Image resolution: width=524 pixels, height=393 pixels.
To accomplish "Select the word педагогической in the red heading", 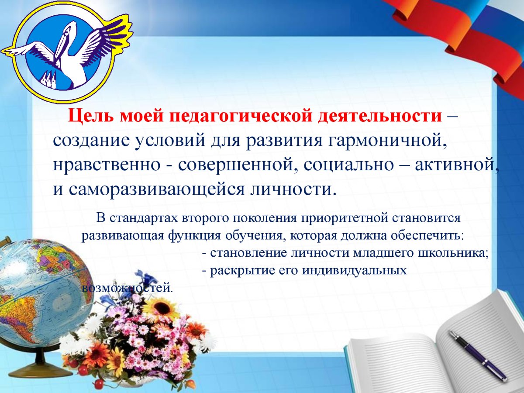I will click(x=237, y=117).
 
